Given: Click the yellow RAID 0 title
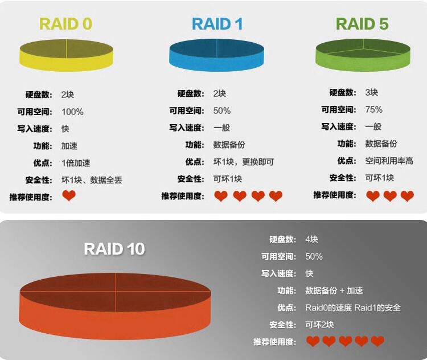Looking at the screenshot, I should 66,24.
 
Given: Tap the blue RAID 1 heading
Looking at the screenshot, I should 217,24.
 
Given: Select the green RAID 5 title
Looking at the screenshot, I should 362,24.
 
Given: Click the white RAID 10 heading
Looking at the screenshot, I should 114,249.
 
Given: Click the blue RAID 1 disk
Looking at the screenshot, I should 217,54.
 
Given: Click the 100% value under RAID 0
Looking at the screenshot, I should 72,112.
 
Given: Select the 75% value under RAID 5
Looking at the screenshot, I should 374,109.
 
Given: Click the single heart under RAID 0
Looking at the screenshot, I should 69,197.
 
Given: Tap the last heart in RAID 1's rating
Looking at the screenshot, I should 276,197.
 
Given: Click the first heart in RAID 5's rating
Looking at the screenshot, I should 373,197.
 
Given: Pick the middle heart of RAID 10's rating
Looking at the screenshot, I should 345,342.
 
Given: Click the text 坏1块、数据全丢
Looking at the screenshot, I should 92,180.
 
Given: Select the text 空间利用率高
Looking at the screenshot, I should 389,161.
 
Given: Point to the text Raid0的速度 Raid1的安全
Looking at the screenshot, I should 353,308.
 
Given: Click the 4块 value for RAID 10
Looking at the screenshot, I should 311,239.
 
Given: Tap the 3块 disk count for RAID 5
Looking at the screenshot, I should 372,92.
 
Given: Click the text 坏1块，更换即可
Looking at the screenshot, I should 244,162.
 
